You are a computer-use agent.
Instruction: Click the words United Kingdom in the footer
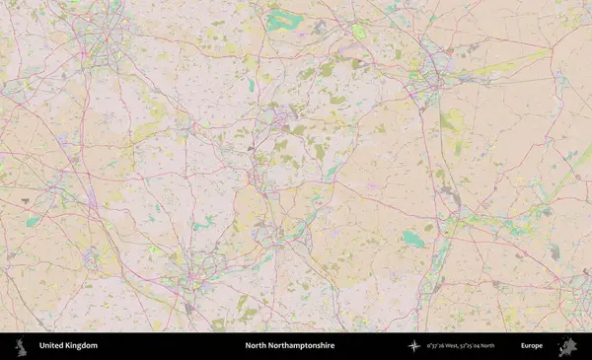(68, 346)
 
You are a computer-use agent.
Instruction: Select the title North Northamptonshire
(290, 346)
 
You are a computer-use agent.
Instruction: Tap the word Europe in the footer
(532, 346)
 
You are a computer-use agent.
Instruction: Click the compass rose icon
(414, 346)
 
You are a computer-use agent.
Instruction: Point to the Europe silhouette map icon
(566, 346)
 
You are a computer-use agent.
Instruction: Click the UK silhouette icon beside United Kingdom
(21, 346)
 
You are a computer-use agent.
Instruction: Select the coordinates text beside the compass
(460, 346)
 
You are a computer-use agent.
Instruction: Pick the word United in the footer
(51, 346)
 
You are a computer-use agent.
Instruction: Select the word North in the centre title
(256, 346)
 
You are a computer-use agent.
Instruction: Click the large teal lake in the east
(414, 239)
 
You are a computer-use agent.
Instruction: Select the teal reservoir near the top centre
(281, 20)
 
